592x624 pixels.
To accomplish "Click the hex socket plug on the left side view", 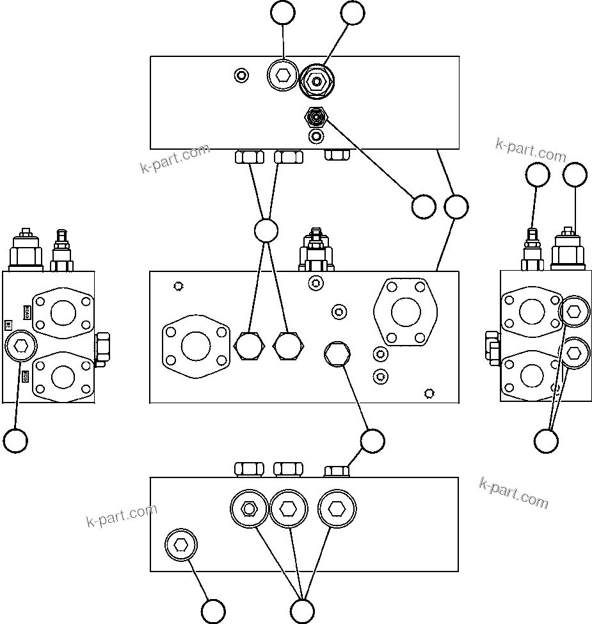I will (20, 346).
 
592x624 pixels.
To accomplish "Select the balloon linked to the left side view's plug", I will (15, 440).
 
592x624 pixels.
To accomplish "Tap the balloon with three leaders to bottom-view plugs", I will (302, 610).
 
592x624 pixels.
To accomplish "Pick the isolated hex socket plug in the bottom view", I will (181, 545).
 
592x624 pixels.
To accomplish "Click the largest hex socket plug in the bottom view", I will (337, 509).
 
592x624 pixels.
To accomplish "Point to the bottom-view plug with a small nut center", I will (249, 509).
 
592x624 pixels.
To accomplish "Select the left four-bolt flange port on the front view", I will (195, 346).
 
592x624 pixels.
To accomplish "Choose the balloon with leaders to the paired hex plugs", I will (266, 230).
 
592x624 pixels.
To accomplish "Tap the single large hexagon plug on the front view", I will (337, 353).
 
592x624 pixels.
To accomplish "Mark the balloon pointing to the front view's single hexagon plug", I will (372, 440).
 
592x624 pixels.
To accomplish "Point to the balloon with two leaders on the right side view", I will (546, 440).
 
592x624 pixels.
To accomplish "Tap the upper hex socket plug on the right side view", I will (573, 312).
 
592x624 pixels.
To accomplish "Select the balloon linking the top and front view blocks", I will (456, 207).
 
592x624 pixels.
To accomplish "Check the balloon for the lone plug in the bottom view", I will (213, 610).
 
